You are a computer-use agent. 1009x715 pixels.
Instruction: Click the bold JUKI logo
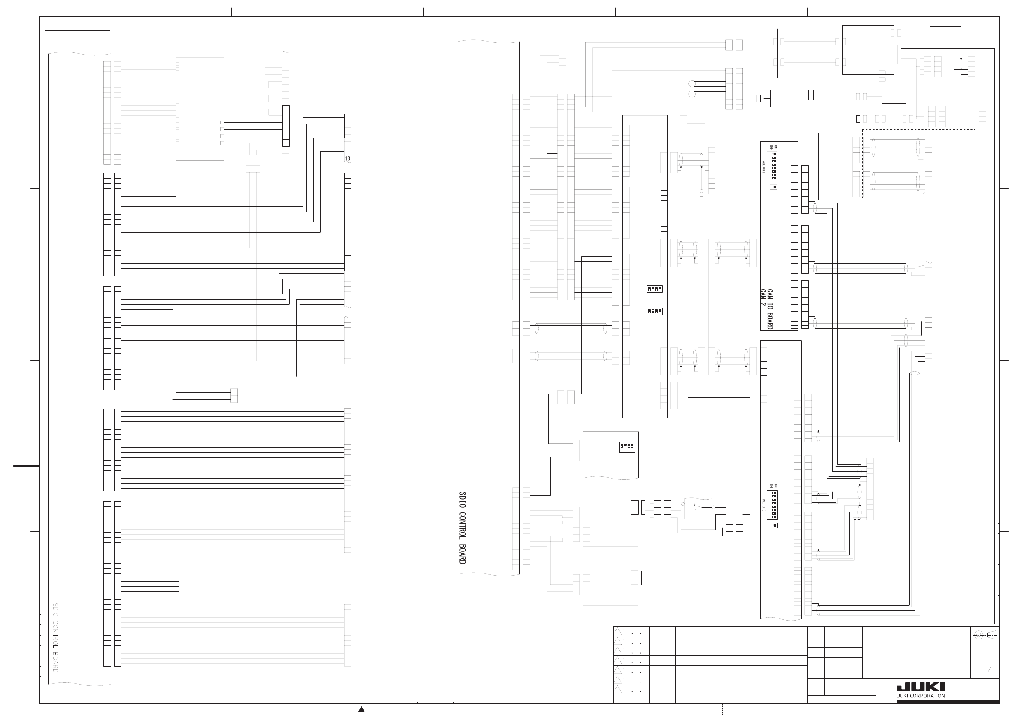coord(921,687)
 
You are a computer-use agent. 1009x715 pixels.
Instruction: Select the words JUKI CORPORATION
coord(921,696)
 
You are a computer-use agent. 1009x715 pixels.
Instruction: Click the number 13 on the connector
coord(348,158)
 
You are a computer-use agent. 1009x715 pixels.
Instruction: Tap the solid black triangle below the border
coord(361,709)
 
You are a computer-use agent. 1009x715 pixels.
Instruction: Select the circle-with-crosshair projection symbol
coord(978,635)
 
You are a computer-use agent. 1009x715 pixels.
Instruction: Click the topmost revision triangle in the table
coord(618,632)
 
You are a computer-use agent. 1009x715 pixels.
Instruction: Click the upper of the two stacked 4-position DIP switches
coord(654,289)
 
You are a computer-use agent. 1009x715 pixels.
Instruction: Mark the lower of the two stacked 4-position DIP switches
coord(654,311)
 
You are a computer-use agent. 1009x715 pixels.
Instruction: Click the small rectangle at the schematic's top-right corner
coord(945,33)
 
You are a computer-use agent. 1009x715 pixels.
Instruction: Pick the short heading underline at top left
coord(78,31)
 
